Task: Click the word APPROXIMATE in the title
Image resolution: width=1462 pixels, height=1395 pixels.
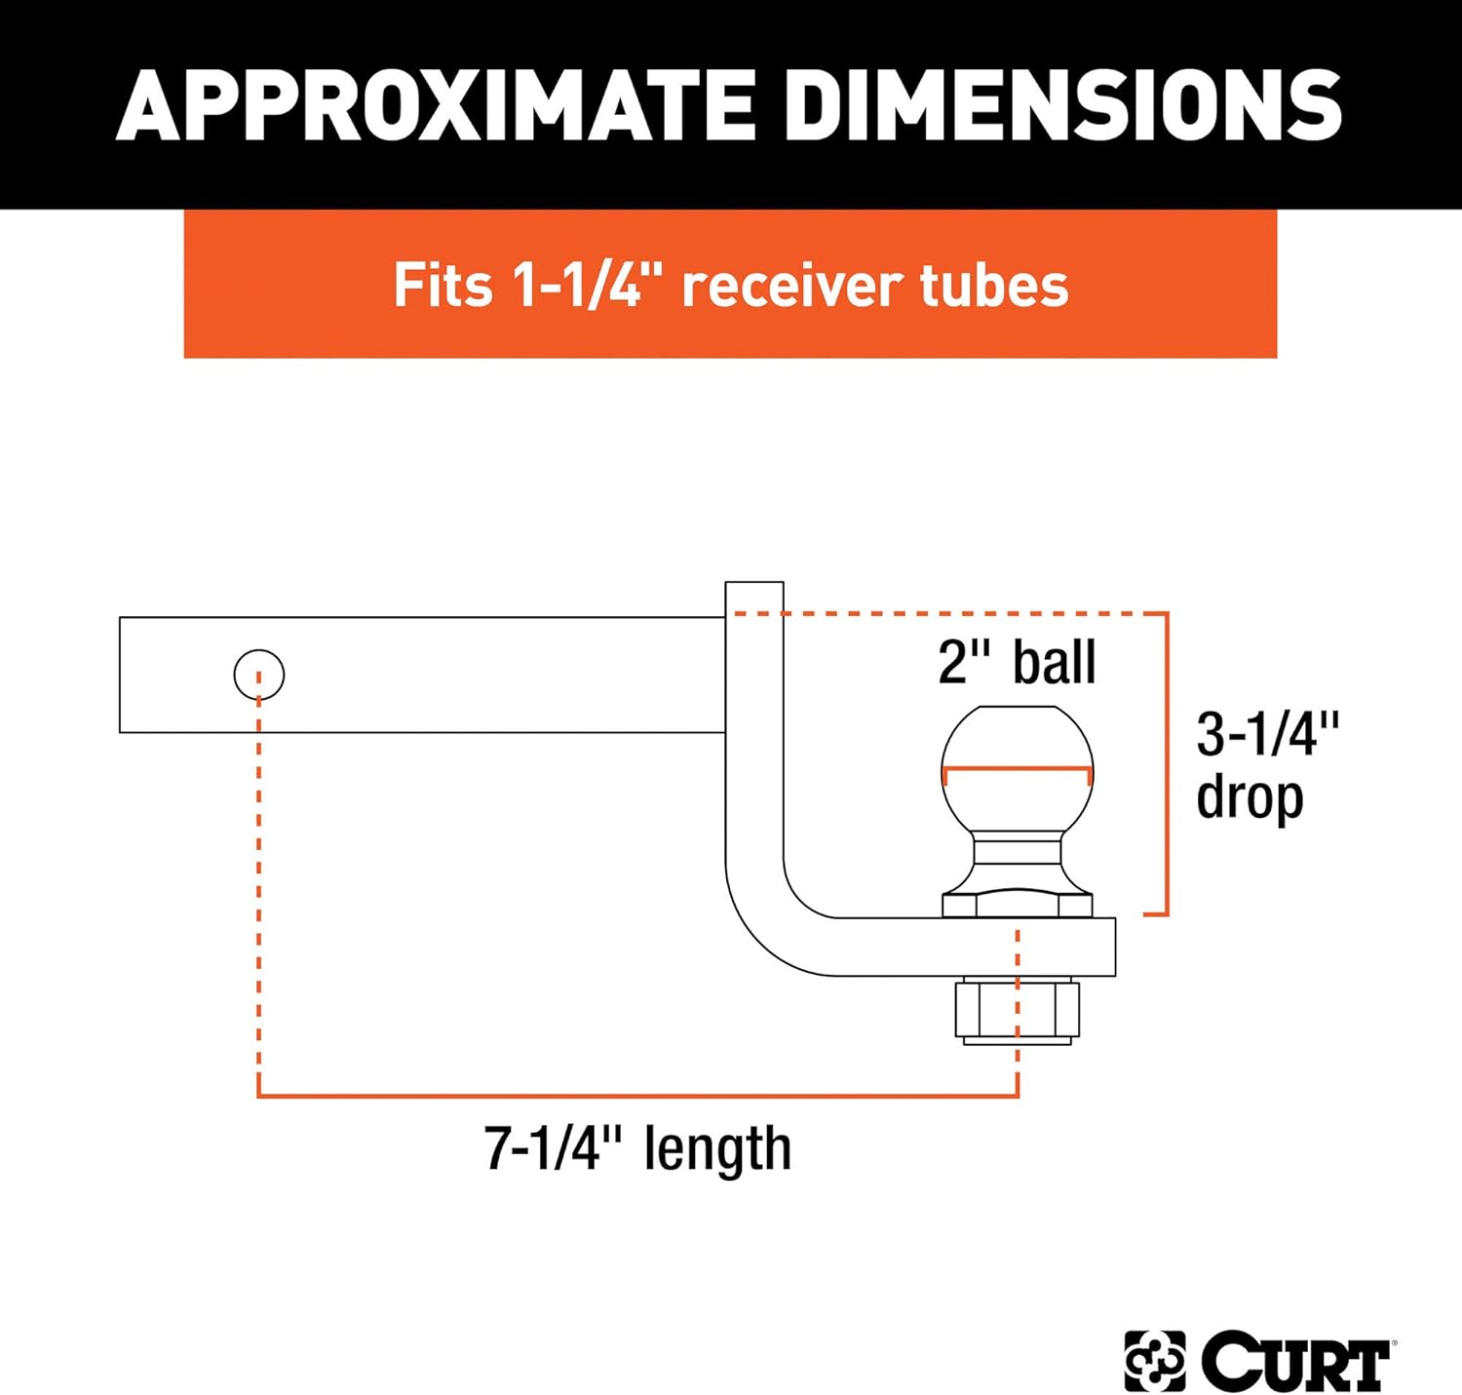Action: click(x=436, y=105)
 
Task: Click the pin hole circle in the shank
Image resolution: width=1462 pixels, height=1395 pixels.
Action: click(x=259, y=675)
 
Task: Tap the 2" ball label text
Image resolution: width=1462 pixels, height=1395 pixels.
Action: click(x=1017, y=662)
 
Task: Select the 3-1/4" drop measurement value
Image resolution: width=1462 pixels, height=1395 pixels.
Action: click(x=1267, y=733)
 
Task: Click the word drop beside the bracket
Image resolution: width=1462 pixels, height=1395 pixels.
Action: click(x=1250, y=797)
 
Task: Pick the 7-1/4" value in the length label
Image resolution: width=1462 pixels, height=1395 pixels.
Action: click(x=553, y=1148)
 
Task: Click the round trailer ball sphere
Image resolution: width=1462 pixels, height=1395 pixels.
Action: click(x=1017, y=751)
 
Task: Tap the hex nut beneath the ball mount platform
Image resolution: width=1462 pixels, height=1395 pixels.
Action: click(x=1017, y=1011)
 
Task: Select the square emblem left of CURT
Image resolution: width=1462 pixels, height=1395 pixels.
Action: click(x=1155, y=1361)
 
